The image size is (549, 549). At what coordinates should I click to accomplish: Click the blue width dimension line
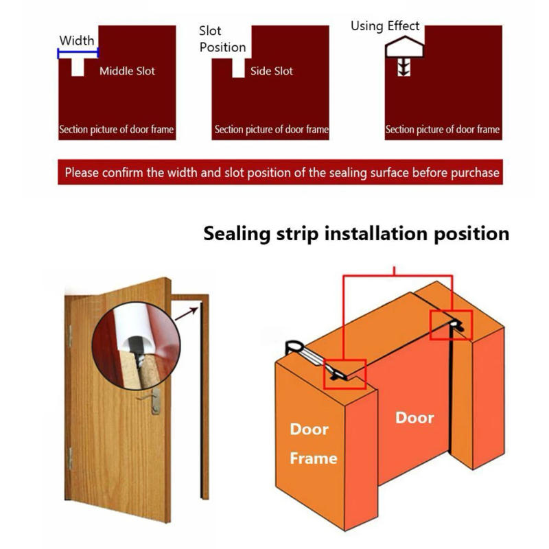click(78, 52)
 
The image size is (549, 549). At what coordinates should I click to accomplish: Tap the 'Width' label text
click(76, 40)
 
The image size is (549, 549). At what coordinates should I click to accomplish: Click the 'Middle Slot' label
click(128, 71)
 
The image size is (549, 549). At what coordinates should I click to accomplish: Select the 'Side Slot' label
click(272, 71)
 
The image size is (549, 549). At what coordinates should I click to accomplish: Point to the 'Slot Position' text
click(222, 39)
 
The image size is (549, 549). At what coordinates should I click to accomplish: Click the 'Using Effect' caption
click(385, 26)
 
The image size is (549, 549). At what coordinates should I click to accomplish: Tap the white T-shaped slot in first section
click(78, 65)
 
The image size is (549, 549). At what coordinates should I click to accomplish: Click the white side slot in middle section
click(238, 67)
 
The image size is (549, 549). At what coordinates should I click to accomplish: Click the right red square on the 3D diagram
click(452, 323)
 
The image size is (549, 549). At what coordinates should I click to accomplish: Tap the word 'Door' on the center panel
click(414, 417)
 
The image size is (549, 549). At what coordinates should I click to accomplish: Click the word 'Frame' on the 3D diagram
click(313, 458)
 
